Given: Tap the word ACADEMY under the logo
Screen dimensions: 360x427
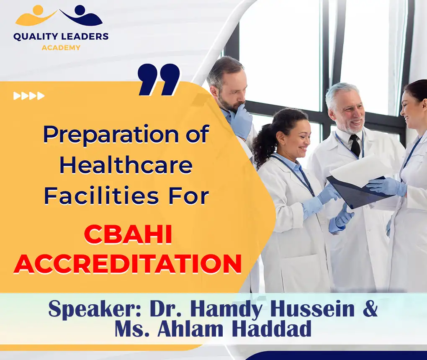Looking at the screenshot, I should pos(61,48).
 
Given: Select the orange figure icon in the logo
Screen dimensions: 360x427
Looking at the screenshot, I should pos(35,15).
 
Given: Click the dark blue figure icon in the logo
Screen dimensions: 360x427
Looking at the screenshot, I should pos(82,15).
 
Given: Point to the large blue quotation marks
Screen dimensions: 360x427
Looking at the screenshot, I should pos(159,79).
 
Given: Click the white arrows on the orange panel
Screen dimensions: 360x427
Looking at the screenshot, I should pos(29,96).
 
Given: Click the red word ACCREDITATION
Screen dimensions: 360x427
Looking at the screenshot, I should pos(128,265).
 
